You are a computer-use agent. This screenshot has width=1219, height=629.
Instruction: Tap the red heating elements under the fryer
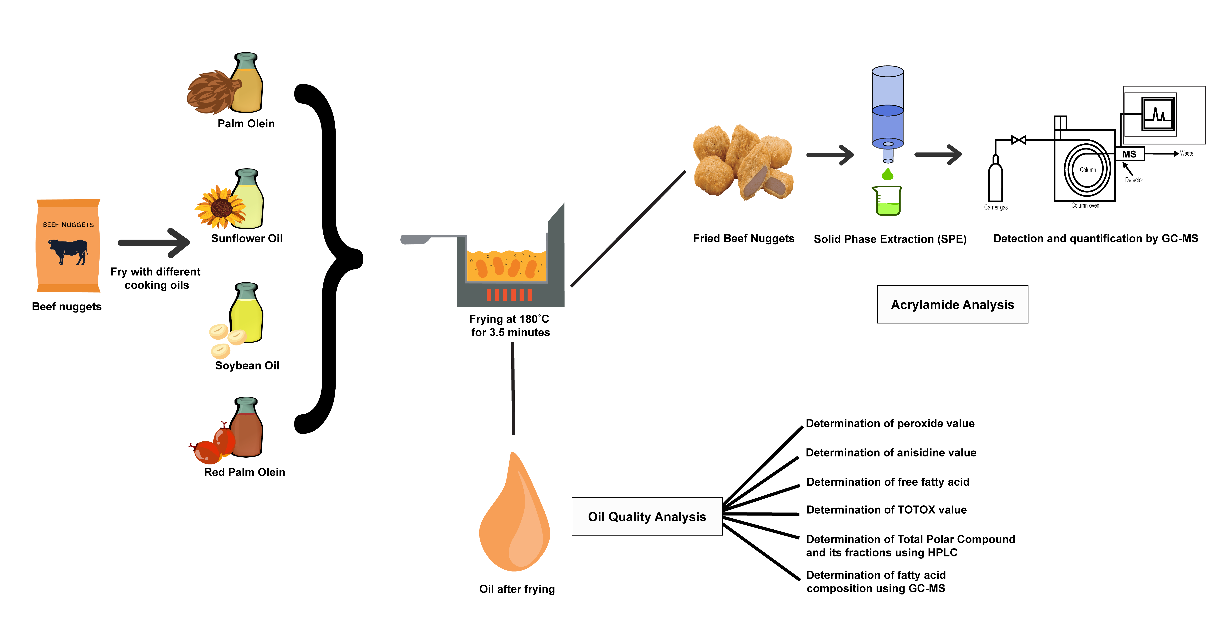[509, 294]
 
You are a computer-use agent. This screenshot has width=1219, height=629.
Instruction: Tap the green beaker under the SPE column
[887, 201]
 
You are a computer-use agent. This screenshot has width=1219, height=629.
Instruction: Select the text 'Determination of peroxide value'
[890, 423]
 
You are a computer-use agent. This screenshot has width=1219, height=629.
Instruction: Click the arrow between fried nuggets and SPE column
[830, 155]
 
